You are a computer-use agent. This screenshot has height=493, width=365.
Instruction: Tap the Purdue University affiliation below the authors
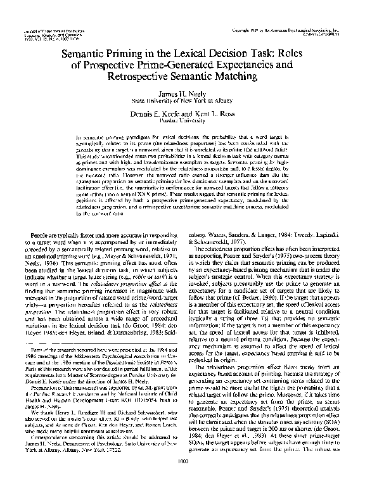pos(182,117)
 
